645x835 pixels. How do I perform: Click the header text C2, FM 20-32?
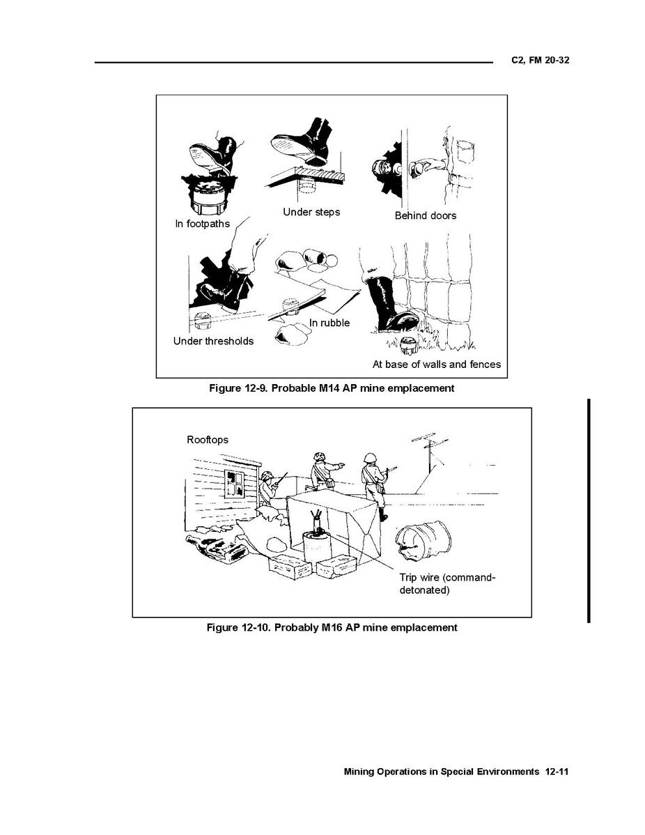(540, 60)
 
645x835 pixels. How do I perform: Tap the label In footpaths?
(202, 224)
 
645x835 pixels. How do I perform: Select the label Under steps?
(311, 212)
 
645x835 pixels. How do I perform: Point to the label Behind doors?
(425, 215)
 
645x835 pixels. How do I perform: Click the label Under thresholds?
(213, 341)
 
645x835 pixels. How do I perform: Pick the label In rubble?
(329, 323)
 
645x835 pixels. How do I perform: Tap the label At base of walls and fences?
(437, 365)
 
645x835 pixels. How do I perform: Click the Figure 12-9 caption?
(332, 388)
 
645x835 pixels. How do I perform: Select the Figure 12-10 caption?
(332, 627)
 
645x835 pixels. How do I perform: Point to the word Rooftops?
(208, 440)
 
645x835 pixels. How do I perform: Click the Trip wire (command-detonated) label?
(447, 583)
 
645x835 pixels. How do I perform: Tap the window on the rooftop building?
(235, 484)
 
